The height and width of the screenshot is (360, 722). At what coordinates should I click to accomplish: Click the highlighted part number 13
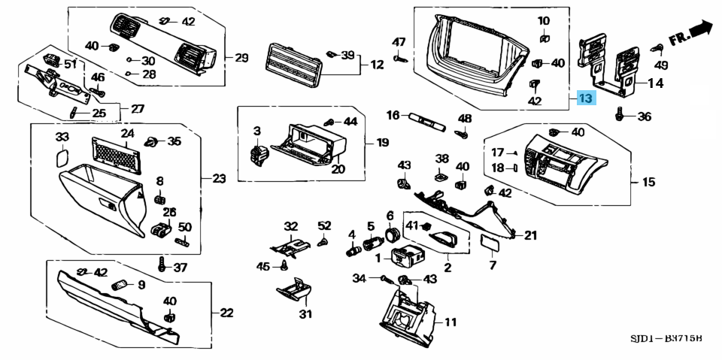click(x=585, y=98)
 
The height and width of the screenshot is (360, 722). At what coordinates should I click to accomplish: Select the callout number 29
click(x=241, y=58)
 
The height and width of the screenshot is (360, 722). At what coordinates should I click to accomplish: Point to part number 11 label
click(x=450, y=323)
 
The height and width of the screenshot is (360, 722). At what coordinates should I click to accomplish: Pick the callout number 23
click(x=218, y=179)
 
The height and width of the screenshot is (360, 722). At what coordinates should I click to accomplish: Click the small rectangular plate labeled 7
click(x=491, y=243)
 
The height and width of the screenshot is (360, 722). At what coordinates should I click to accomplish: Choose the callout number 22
click(x=226, y=313)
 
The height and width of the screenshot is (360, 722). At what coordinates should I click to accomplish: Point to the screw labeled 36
click(x=620, y=116)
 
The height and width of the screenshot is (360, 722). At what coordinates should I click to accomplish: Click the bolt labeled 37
click(x=162, y=265)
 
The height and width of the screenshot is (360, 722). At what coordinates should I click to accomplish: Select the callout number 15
click(x=648, y=182)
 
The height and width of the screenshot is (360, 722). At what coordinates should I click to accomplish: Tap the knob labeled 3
click(x=258, y=155)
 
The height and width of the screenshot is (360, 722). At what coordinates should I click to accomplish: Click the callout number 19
click(x=382, y=142)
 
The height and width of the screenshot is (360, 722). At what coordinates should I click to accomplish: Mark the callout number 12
click(x=377, y=65)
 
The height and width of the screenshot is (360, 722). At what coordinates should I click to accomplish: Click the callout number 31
click(x=305, y=313)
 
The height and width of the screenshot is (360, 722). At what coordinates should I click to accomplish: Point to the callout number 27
click(x=137, y=109)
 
